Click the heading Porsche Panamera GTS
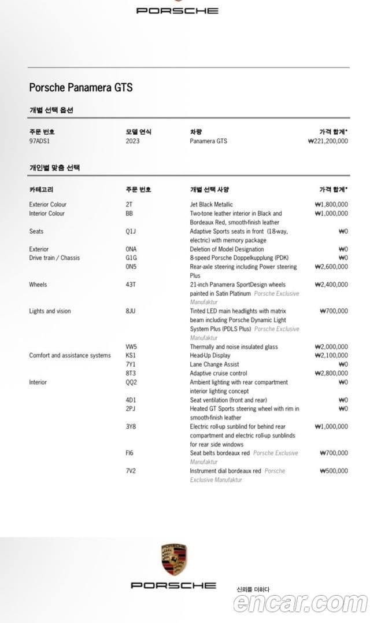(x=81, y=87)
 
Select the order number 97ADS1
(x=40, y=141)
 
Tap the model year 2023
(x=132, y=141)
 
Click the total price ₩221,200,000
(x=328, y=141)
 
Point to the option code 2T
(x=128, y=204)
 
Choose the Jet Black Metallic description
(x=212, y=204)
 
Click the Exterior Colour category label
(x=47, y=204)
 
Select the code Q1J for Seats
(x=131, y=231)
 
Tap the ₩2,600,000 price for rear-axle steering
(x=331, y=267)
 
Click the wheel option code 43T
(x=131, y=285)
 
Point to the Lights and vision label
(x=50, y=311)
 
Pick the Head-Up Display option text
(x=210, y=355)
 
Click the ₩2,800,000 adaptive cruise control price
(x=331, y=373)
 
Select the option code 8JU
(x=131, y=311)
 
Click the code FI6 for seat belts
(x=129, y=453)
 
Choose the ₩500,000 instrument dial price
(x=334, y=471)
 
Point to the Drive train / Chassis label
(x=54, y=257)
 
